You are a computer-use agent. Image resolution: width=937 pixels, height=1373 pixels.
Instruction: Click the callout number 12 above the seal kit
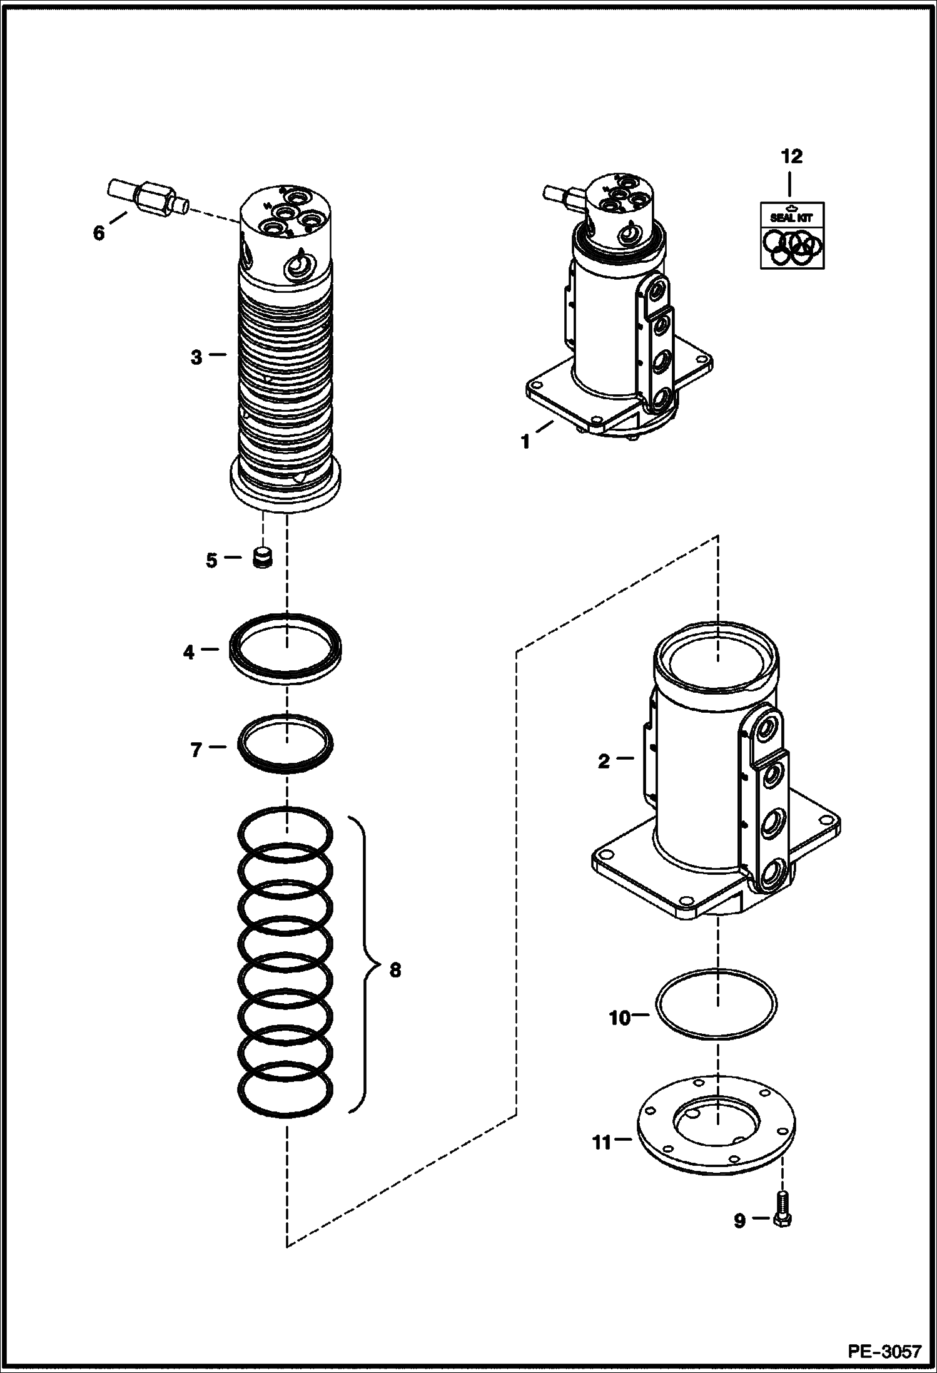(x=791, y=156)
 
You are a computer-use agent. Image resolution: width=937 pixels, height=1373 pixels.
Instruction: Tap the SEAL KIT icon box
(x=792, y=235)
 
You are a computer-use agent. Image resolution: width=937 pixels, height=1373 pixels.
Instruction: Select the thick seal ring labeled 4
(x=286, y=649)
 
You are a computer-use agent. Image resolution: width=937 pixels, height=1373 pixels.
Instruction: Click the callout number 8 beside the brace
(x=395, y=970)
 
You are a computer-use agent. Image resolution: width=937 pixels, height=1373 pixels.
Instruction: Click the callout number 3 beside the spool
(x=196, y=357)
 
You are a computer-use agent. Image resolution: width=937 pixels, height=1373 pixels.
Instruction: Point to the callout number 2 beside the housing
(x=603, y=762)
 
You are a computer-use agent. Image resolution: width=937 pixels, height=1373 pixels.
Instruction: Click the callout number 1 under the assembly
(x=525, y=442)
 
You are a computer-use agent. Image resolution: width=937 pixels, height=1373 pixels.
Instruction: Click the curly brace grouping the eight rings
(x=366, y=970)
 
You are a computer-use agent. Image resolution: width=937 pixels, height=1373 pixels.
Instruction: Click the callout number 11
(x=601, y=1143)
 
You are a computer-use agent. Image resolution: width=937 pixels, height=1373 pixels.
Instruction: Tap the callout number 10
(x=619, y=1018)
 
